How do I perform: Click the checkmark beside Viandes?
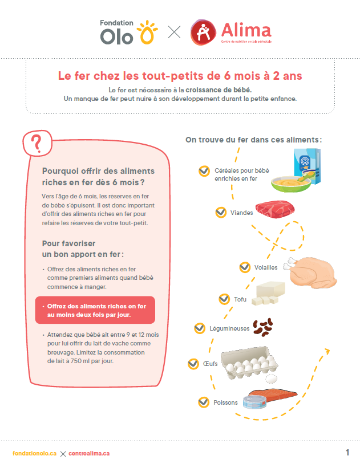(x=221, y=212)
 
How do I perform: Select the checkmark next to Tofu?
(x=224, y=299)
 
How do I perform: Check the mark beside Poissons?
(x=204, y=402)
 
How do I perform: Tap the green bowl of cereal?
(x=290, y=182)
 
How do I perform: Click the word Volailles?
(x=266, y=267)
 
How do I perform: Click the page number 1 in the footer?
(x=347, y=453)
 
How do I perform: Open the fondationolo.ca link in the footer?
(x=34, y=453)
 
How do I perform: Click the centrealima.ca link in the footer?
(x=89, y=453)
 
